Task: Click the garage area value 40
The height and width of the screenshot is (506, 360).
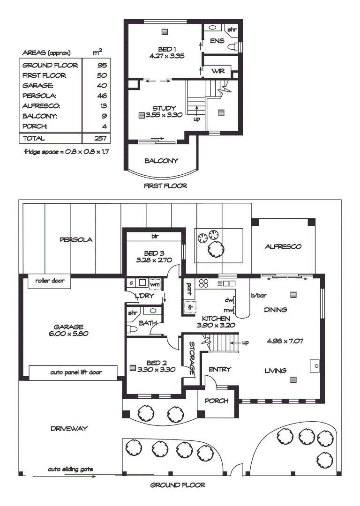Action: [102, 86]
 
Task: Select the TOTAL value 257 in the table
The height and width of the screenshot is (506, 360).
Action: [102, 138]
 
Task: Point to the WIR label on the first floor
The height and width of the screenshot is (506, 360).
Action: [218, 71]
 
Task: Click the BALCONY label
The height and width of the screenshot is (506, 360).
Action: [161, 161]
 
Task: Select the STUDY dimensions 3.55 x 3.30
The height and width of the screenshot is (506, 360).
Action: [164, 115]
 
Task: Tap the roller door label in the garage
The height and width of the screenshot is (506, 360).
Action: [50, 281]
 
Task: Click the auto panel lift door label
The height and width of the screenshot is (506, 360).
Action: [76, 373]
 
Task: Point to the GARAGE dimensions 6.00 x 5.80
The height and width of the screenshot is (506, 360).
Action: [68, 334]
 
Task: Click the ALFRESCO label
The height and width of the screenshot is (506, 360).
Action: [283, 246]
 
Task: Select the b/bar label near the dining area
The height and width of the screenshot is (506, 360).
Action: [258, 296]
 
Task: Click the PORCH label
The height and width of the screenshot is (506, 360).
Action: [217, 401]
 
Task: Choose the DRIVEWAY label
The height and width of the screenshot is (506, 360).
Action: [69, 429]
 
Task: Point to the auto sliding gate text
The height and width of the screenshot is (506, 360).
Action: [70, 469]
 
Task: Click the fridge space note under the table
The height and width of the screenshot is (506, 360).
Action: [66, 152]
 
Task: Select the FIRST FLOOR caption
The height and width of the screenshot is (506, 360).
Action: [165, 186]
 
